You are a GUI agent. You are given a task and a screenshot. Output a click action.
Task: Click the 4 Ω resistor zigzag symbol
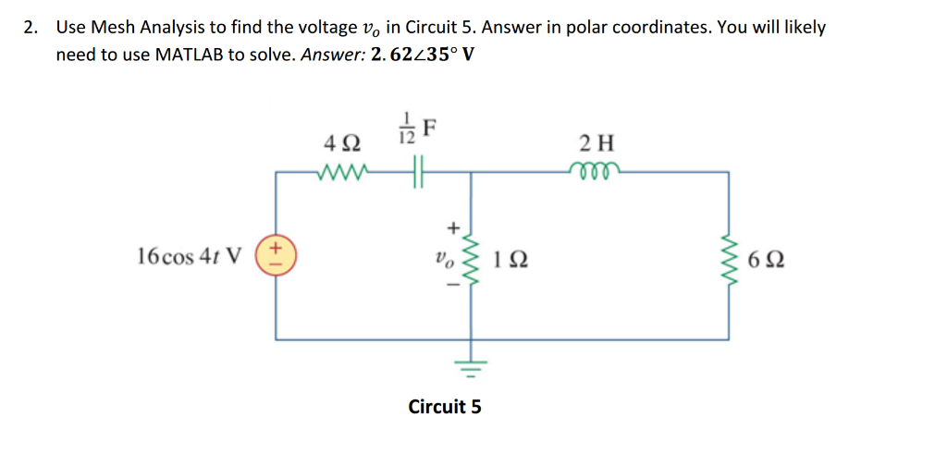pos(343,171)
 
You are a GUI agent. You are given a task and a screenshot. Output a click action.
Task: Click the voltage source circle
pos(276,254)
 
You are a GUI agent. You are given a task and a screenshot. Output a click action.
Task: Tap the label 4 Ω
pos(343,144)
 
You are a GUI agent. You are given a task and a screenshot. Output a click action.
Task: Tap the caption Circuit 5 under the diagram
pos(445,406)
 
